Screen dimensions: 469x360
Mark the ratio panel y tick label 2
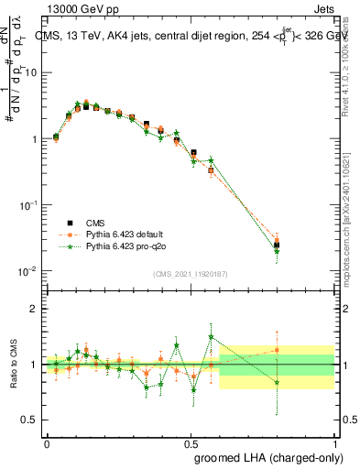click(x=36, y=309)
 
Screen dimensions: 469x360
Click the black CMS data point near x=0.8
click(x=277, y=245)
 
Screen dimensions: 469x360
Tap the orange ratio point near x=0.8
click(x=277, y=350)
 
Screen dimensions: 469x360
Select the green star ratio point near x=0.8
click(x=277, y=383)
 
